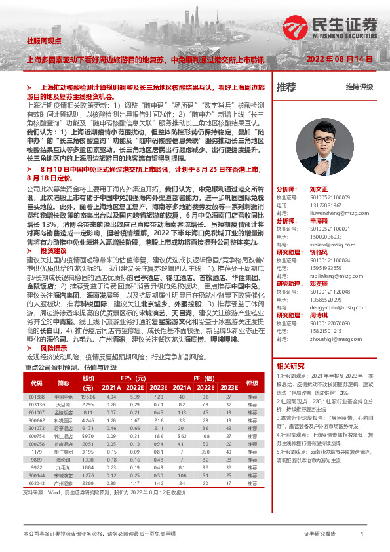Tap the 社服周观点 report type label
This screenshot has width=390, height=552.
41,41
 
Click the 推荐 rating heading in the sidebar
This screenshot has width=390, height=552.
286,87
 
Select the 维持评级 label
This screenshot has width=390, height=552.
360,87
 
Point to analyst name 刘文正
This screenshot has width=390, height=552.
318,187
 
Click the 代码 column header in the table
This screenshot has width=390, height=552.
37,383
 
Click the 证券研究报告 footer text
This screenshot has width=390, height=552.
320,535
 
